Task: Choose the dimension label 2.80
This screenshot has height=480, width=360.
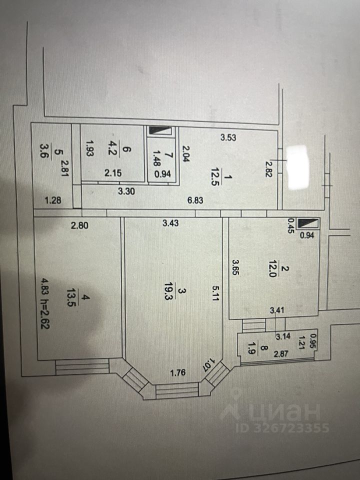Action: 79,225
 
